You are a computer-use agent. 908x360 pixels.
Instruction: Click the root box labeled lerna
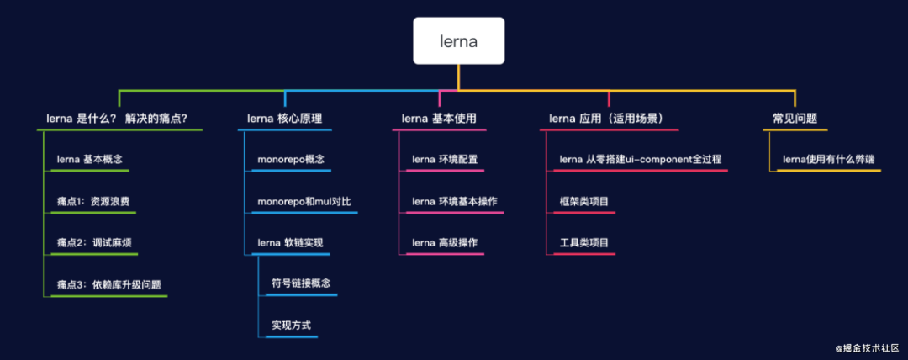tap(458, 41)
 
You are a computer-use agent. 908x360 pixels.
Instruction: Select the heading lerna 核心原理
tap(284, 119)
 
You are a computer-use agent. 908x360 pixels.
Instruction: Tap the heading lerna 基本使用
tap(439, 119)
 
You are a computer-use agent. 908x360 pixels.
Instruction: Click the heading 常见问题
tap(794, 119)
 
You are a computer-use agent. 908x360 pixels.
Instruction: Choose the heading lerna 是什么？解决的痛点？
tap(123, 119)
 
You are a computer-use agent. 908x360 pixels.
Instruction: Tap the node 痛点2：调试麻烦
tap(93, 243)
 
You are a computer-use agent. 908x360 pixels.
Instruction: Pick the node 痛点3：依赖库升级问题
tap(108, 284)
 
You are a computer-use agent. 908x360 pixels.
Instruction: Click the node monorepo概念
tap(290, 159)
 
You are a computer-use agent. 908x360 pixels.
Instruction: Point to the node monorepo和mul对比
tap(304, 201)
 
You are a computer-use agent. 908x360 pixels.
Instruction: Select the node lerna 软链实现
tap(289, 243)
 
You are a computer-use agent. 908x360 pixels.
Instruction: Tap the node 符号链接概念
tap(300, 283)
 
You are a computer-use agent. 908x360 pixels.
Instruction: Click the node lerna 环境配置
tap(445, 159)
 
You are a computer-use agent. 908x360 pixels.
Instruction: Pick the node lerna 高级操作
tap(445, 243)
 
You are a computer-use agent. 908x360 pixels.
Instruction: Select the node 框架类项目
tap(583, 201)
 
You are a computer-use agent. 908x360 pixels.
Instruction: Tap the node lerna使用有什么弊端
tap(826, 159)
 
